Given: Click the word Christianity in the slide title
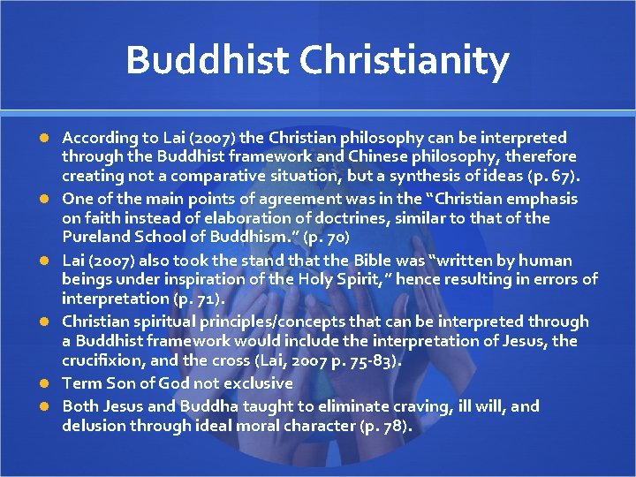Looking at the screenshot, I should [x=404, y=60].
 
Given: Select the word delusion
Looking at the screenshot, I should [x=93, y=425].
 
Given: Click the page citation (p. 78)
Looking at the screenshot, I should [x=382, y=425].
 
